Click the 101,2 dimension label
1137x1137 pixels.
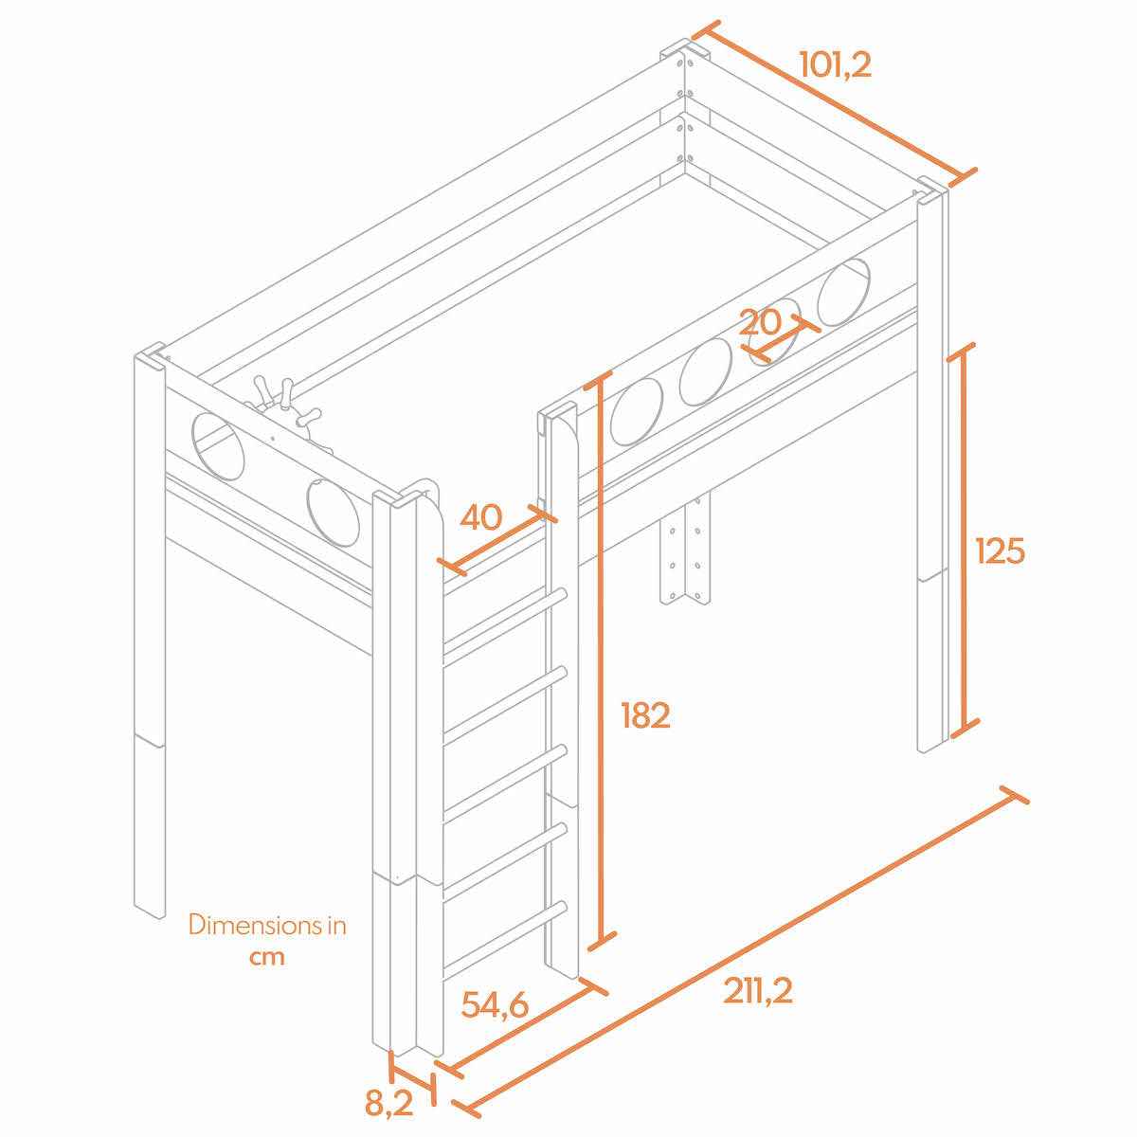pos(835,65)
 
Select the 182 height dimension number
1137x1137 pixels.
pos(645,715)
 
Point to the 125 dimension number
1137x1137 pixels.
pos(1001,551)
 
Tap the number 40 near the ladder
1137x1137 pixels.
pos(481,517)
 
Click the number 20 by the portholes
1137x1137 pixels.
pos(760,323)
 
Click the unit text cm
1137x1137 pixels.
pos(266,957)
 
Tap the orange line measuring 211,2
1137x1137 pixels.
pos(741,951)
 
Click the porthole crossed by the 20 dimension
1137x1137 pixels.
pos(773,332)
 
